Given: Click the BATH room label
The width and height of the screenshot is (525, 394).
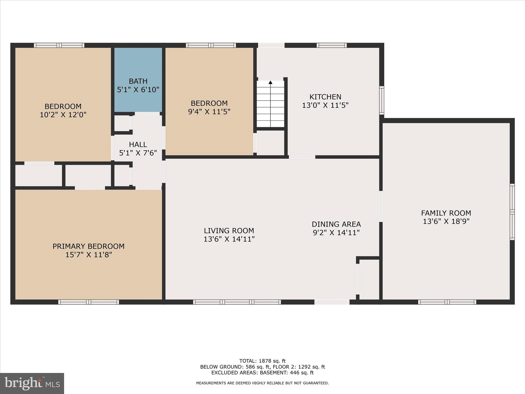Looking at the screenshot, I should click(x=138, y=81).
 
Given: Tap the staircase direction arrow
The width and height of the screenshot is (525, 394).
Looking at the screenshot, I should click(x=270, y=83).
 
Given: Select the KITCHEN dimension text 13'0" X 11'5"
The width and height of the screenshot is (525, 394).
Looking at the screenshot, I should click(x=325, y=105).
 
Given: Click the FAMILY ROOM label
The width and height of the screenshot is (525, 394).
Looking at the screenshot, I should click(x=446, y=213).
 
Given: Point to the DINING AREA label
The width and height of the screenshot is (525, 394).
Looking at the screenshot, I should click(x=336, y=224).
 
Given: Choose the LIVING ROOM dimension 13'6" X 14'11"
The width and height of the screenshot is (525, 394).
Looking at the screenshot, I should click(x=229, y=239).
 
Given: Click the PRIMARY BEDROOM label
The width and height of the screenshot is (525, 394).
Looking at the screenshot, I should click(x=88, y=246).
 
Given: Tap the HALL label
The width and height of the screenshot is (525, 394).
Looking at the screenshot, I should click(x=138, y=144).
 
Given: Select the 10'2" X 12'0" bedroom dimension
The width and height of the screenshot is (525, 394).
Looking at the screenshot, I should click(x=63, y=115).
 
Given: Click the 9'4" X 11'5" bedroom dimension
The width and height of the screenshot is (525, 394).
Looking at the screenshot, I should click(x=209, y=112).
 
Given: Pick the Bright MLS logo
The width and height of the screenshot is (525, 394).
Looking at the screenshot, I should click(x=32, y=383).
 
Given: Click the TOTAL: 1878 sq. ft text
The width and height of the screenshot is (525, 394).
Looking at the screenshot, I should click(x=262, y=361).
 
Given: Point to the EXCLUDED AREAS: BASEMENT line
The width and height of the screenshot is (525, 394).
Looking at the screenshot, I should click(x=262, y=373).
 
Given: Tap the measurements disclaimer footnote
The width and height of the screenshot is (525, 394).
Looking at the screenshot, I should click(x=262, y=383).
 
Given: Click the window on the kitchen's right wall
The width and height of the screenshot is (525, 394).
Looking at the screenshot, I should click(x=381, y=100).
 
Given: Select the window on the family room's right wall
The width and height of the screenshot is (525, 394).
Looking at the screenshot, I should click(x=512, y=212).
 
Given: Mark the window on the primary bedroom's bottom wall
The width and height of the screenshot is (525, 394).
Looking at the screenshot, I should click(x=89, y=302).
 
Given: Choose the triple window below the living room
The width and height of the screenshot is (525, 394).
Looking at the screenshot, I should click(x=237, y=302).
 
